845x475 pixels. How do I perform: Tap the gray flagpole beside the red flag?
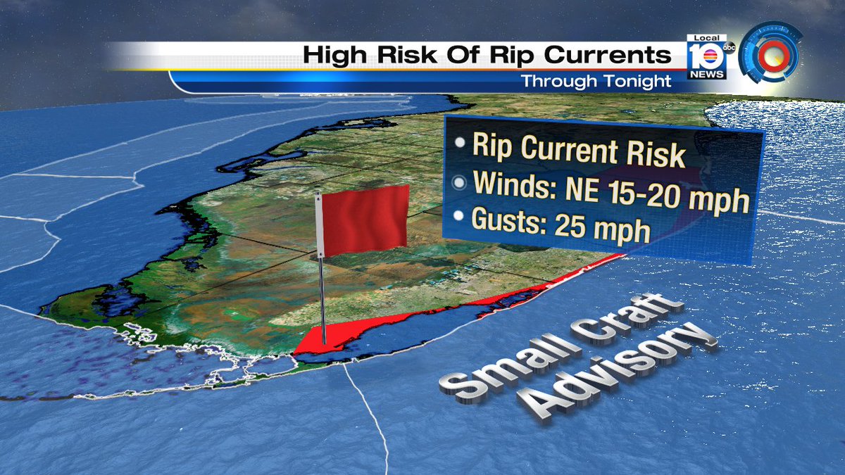320,281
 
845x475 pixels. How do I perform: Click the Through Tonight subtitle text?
596,81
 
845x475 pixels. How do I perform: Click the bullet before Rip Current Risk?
461,143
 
